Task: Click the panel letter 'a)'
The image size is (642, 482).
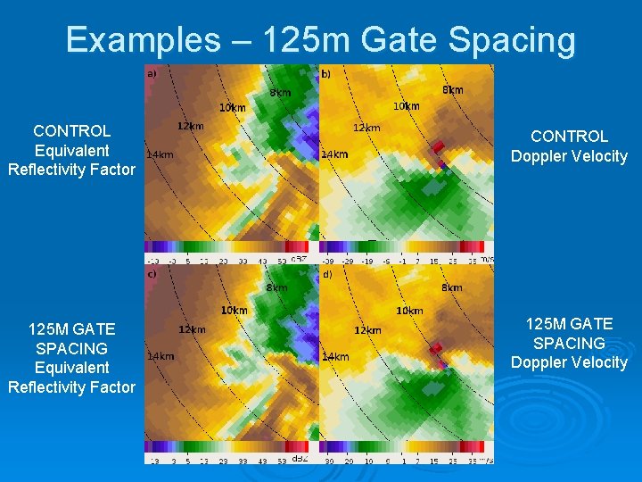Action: pyautogui.click(x=151, y=73)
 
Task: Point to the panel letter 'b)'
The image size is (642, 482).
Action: pyautogui.click(x=325, y=73)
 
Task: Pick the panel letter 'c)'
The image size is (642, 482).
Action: pyautogui.click(x=151, y=274)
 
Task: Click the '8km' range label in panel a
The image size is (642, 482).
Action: pyautogui.click(x=280, y=92)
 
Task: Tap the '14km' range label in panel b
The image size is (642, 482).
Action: pyautogui.click(x=334, y=154)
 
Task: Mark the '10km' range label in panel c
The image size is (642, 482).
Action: pyautogui.click(x=234, y=310)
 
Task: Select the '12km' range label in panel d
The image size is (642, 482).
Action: pyautogui.click(x=367, y=330)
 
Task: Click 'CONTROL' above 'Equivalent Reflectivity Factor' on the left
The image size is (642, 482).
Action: pyautogui.click(x=71, y=131)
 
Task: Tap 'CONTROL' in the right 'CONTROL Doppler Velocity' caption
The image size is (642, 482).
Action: pyautogui.click(x=569, y=137)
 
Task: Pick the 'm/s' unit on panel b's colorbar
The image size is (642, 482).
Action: pyautogui.click(x=486, y=259)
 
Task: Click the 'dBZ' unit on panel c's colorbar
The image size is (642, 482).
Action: pyautogui.click(x=300, y=459)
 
